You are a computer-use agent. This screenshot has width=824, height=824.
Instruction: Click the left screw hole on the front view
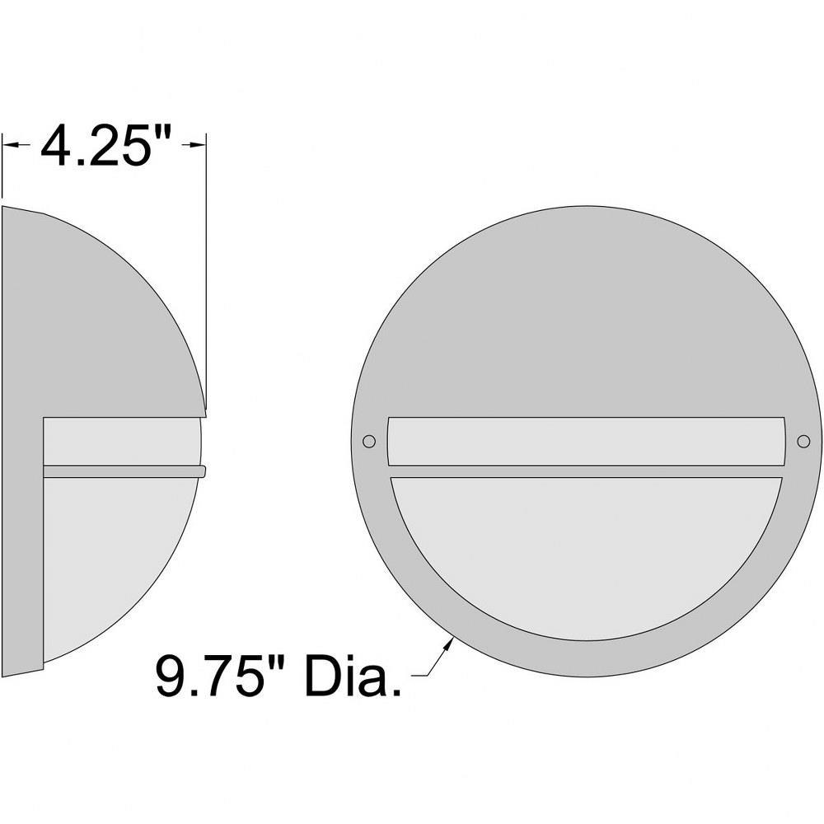click(369, 441)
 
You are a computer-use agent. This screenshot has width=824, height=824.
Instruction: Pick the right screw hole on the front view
click(803, 441)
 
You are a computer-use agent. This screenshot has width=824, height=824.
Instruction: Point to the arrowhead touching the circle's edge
click(448, 644)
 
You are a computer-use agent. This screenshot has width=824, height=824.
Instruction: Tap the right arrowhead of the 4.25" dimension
click(198, 143)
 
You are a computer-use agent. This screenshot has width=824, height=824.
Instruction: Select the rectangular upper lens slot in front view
click(586, 442)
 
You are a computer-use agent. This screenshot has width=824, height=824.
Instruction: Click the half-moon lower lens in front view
click(586, 552)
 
